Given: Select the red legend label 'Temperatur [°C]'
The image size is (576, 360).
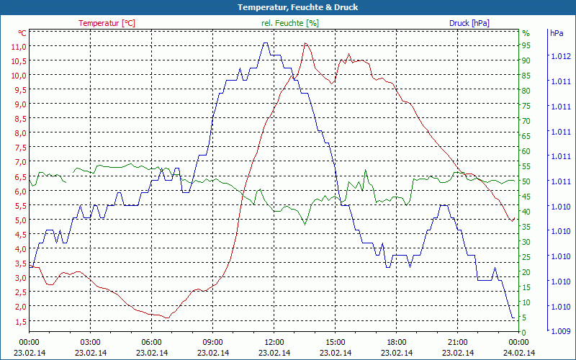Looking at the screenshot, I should (x=107, y=23).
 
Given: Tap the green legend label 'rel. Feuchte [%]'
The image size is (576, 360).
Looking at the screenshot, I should (x=289, y=23).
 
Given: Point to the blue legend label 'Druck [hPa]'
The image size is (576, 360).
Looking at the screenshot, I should (x=469, y=23).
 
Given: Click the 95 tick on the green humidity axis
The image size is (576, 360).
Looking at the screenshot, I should (x=526, y=45).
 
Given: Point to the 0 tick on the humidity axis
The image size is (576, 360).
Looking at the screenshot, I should (x=523, y=332).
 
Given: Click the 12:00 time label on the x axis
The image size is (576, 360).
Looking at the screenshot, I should (x=275, y=342).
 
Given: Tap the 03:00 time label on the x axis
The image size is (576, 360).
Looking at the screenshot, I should (x=90, y=342).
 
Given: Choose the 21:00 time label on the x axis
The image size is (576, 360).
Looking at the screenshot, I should (x=459, y=342).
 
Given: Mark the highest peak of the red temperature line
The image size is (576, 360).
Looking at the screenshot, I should (x=306, y=43).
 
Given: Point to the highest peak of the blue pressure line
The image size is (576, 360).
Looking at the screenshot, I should (x=266, y=43).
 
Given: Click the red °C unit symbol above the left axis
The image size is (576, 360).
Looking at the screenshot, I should (x=22, y=33).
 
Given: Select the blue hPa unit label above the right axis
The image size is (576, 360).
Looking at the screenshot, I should (x=557, y=33).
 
